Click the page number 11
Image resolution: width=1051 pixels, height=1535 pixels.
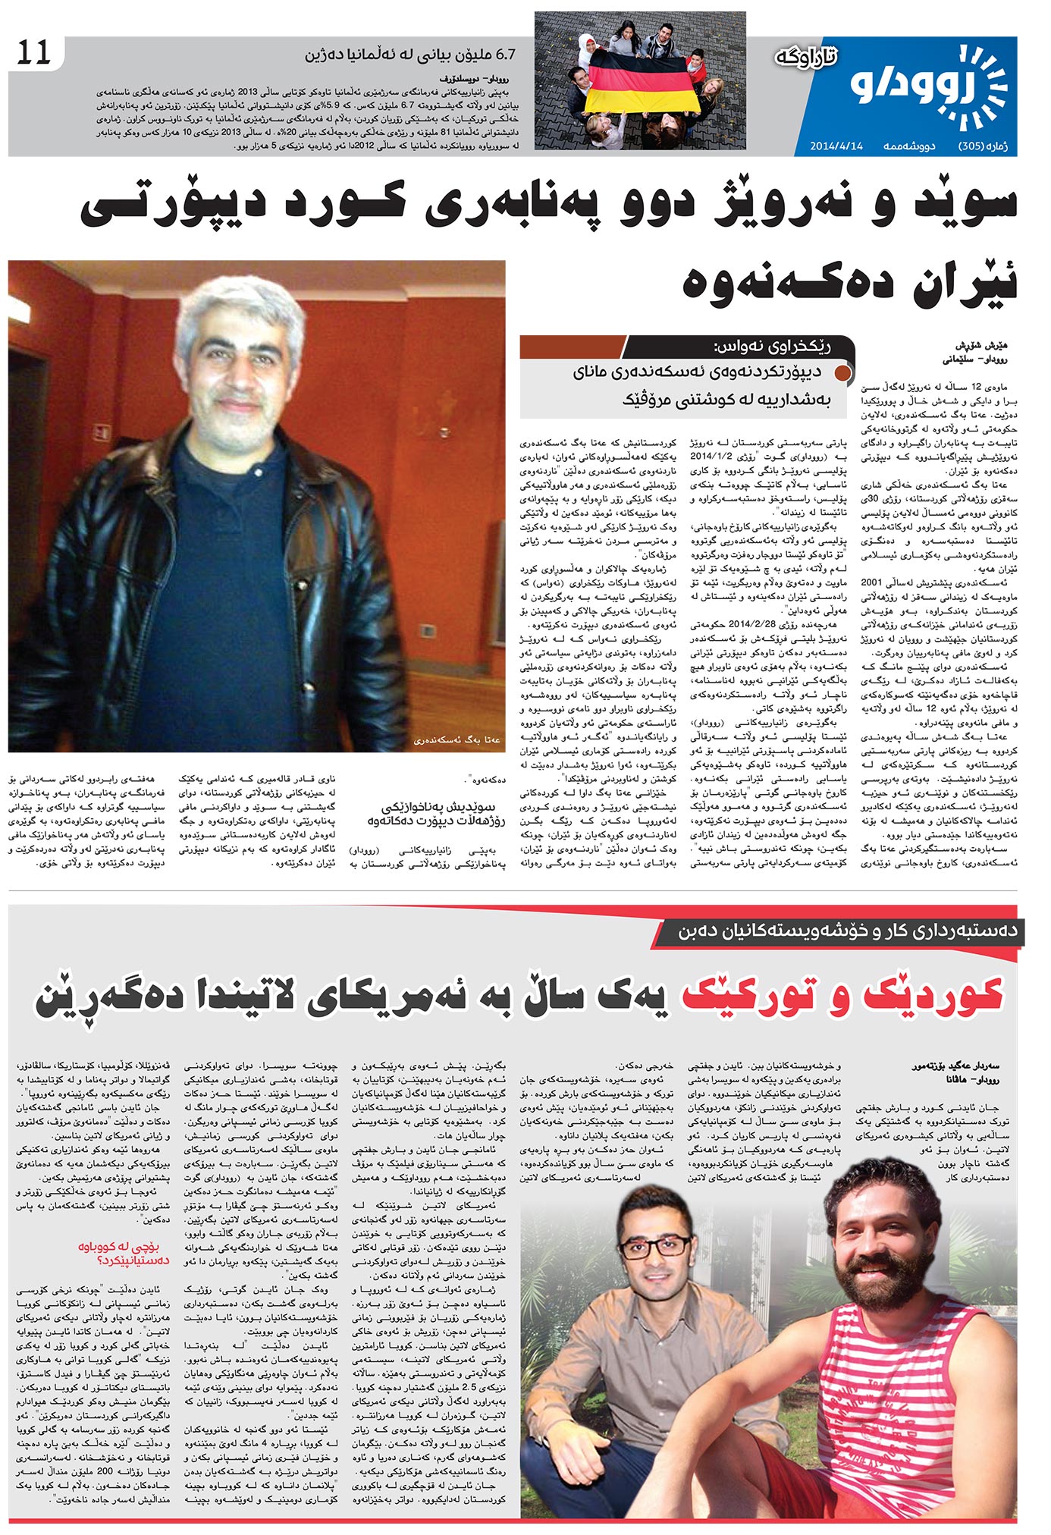coord(33,53)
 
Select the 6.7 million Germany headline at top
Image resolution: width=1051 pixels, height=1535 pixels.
coord(409,55)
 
